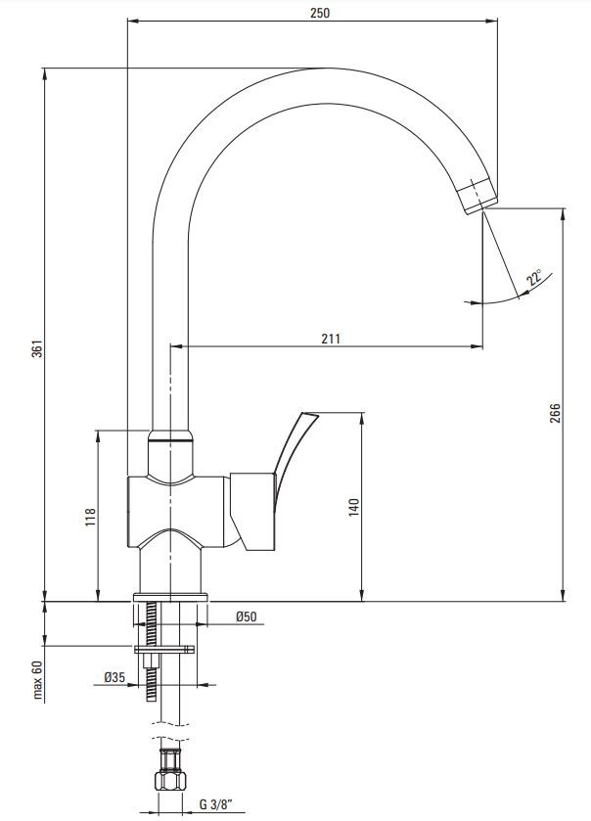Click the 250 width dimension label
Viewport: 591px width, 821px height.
click(320, 13)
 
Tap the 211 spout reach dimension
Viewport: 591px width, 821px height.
click(331, 339)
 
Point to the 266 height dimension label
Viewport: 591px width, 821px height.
click(555, 413)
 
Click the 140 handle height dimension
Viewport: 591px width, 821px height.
click(354, 508)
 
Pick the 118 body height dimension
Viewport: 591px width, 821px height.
click(91, 517)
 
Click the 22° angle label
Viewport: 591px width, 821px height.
click(535, 277)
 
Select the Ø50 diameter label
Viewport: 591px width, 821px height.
click(247, 616)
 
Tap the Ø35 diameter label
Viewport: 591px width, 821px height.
click(114, 677)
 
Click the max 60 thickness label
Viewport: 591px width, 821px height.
click(36, 680)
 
